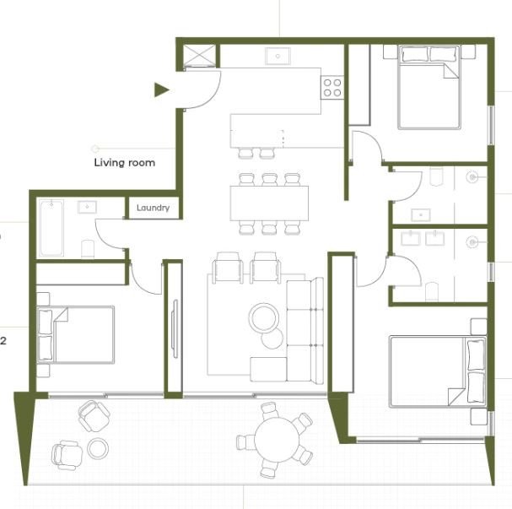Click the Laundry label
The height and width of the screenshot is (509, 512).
click(x=153, y=208)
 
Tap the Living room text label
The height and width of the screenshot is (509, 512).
click(x=124, y=163)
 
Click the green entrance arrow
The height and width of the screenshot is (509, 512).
click(x=161, y=89)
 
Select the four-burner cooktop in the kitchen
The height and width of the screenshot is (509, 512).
click(x=332, y=87)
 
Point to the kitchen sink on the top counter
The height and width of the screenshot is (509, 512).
click(x=278, y=57)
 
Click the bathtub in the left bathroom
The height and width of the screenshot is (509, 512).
click(x=51, y=228)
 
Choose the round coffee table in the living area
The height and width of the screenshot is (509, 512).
click(x=264, y=318)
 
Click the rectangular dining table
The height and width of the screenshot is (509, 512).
click(x=269, y=203)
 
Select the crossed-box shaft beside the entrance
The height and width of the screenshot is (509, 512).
click(x=199, y=56)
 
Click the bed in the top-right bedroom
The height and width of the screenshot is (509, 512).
click(x=428, y=87)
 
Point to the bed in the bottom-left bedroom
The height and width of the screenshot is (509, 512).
click(x=75, y=334)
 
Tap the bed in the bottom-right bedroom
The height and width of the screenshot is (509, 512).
click(x=438, y=372)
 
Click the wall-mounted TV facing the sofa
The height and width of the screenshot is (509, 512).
click(x=175, y=329)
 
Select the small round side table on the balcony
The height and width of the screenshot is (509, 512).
click(x=98, y=448)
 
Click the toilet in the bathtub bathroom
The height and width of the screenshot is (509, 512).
click(x=88, y=249)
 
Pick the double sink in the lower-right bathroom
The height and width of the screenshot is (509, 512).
click(x=423, y=238)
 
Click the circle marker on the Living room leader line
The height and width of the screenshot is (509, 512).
click(x=95, y=149)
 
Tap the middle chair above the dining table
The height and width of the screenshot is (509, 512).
click(x=269, y=179)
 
